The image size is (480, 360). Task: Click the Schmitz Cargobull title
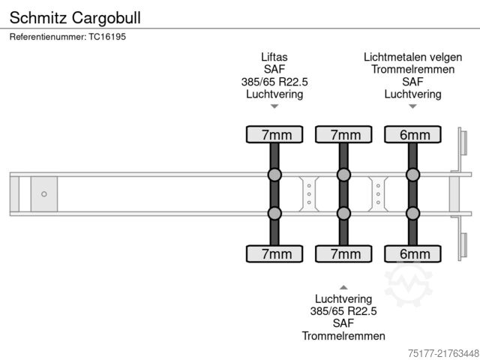point(74,16)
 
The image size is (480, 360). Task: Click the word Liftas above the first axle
point(274,57)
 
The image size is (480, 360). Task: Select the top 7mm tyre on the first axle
point(274,135)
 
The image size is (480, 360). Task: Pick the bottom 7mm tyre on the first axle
point(274,253)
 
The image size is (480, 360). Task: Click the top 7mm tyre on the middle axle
point(343,135)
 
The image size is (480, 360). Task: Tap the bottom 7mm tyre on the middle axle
point(343,253)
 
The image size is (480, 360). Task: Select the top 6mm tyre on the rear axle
point(412,135)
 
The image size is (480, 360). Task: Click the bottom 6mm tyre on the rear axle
point(412,253)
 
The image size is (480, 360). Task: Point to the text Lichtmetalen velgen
point(412,57)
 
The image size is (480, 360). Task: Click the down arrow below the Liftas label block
point(274,106)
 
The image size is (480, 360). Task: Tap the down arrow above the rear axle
point(412,106)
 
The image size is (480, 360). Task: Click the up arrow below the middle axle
point(343,287)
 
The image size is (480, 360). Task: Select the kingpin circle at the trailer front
point(44,194)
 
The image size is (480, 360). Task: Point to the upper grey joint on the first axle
point(274,175)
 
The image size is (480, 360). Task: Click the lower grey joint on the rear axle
point(412,214)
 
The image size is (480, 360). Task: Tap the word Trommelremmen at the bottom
point(343,335)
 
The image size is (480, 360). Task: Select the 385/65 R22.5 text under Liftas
point(274,82)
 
